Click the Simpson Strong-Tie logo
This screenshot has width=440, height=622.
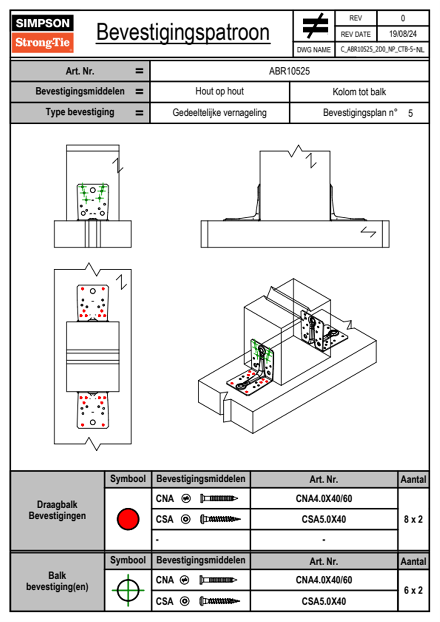pyautogui.click(x=43, y=33)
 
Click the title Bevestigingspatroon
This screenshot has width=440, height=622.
pyautogui.click(x=183, y=33)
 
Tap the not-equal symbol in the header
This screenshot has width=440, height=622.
pyautogui.click(x=315, y=26)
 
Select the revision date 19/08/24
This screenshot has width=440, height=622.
pyautogui.click(x=403, y=34)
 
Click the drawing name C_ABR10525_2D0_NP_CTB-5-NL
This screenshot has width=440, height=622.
pyautogui.click(x=382, y=50)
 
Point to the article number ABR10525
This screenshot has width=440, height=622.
pyautogui.click(x=289, y=71)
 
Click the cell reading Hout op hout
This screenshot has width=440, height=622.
pyautogui.click(x=219, y=91)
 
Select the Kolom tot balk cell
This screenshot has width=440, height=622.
pyautogui.click(x=359, y=92)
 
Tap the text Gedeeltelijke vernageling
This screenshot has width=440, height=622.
pyautogui.click(x=219, y=113)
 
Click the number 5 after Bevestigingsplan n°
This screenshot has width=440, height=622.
pyautogui.click(x=410, y=113)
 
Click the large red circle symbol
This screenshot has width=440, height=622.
pyautogui.click(x=128, y=519)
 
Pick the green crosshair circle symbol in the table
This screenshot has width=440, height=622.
pyautogui.click(x=128, y=590)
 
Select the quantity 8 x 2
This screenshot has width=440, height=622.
pyautogui.click(x=413, y=519)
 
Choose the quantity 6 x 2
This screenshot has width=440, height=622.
pyautogui.click(x=413, y=590)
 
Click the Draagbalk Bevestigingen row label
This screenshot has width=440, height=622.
pyautogui.click(x=57, y=510)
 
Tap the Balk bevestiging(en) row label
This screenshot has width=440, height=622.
pyautogui.click(x=57, y=581)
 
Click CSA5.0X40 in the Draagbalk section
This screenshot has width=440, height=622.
pyautogui.click(x=324, y=519)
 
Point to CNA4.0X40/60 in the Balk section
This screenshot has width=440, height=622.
pyautogui.click(x=324, y=580)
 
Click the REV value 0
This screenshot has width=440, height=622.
pyautogui.click(x=403, y=18)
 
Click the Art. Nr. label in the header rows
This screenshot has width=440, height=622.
pyautogui.click(x=80, y=71)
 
